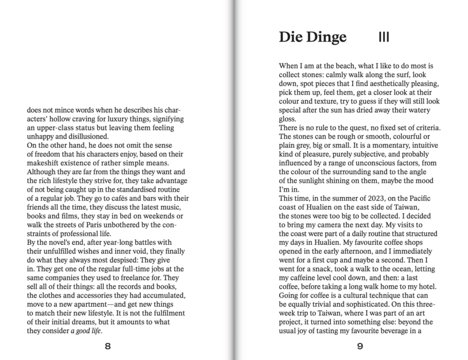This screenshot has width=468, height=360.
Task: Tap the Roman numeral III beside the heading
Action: (x=384, y=38)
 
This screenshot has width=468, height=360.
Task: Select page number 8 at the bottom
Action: (x=107, y=345)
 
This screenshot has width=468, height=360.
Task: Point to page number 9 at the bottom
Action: (x=360, y=345)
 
